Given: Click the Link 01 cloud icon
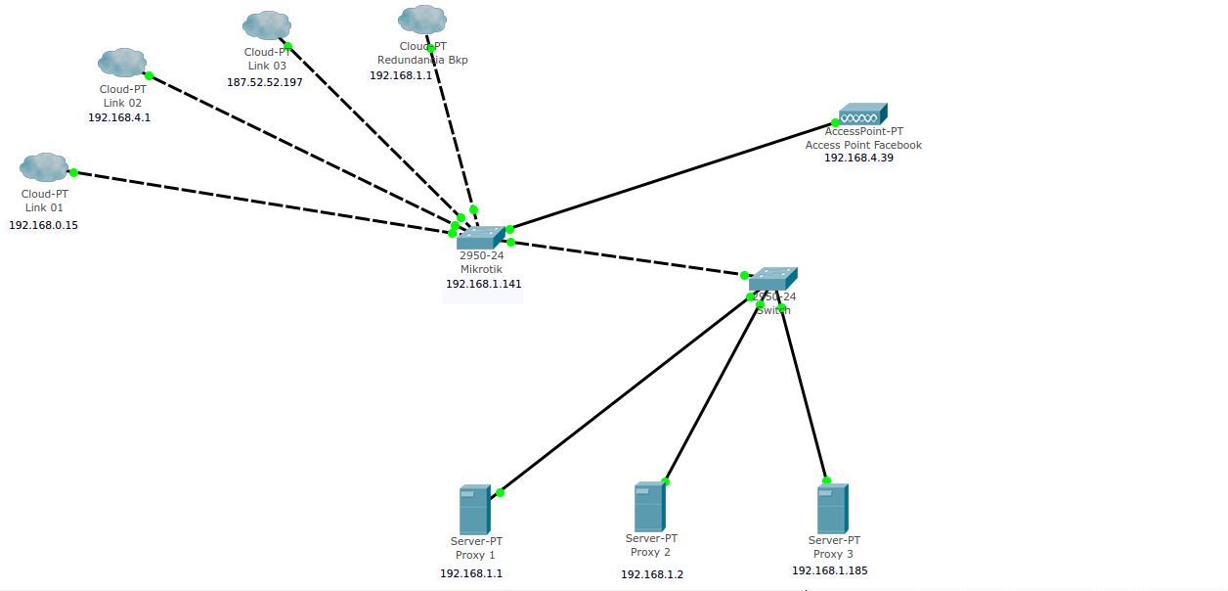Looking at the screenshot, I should (x=44, y=167).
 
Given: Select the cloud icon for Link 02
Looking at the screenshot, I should (x=122, y=63).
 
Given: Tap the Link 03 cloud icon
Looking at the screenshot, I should (x=267, y=25).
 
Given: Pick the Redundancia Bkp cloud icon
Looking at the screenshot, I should (x=422, y=20).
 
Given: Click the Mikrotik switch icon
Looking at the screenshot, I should (x=480, y=237).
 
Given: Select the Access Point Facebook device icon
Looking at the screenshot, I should (x=862, y=114).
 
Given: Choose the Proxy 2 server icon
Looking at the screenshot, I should (x=649, y=506).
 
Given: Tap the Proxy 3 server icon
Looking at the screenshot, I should (x=832, y=509).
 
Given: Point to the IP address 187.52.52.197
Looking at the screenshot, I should (x=265, y=82).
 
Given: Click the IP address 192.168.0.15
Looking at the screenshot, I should (x=43, y=225).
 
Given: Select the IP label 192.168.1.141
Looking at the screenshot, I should (x=483, y=284).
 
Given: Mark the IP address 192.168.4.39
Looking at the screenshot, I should (x=858, y=159).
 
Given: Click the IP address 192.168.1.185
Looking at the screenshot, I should (x=829, y=570).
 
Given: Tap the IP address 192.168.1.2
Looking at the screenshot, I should (x=652, y=574).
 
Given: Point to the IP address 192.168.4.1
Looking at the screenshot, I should (x=119, y=117).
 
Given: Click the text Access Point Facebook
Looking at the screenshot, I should (x=863, y=145).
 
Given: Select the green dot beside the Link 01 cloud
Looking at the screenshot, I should (x=73, y=172).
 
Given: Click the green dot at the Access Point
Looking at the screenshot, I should (x=835, y=123).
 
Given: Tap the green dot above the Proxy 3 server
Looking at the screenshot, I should (x=826, y=480).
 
